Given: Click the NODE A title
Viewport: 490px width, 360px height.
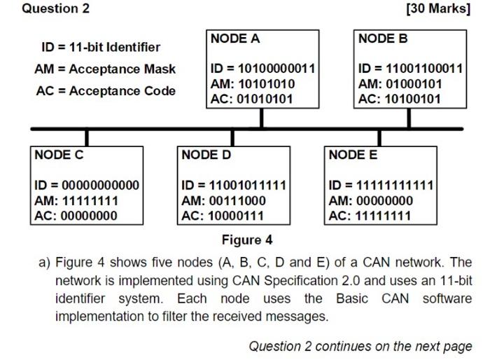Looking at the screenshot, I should (235, 39).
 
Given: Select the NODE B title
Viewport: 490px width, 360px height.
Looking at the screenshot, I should (383, 39).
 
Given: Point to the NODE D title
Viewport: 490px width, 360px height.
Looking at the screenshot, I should (206, 154).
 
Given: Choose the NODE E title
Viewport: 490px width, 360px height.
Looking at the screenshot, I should (353, 154).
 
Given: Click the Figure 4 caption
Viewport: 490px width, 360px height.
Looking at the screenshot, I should (247, 240).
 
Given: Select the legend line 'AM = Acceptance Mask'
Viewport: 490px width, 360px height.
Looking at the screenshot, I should (105, 69).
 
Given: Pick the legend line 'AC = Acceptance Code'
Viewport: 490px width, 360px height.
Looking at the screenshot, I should (105, 91).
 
